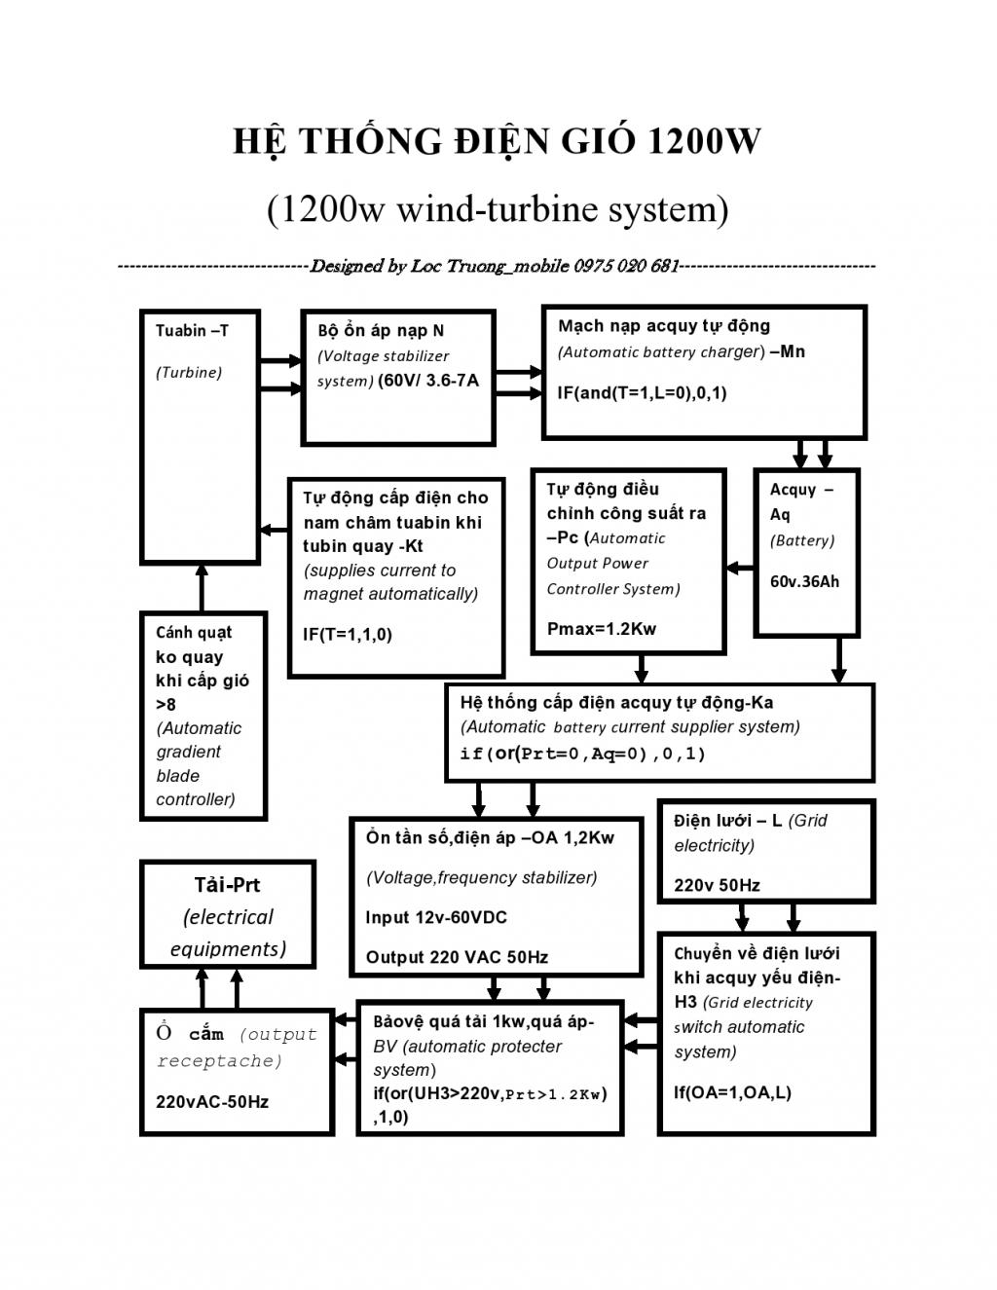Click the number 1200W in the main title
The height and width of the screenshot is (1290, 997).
702,141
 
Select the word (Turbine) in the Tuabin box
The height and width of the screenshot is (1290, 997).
189,372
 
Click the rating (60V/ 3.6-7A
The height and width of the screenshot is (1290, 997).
428,381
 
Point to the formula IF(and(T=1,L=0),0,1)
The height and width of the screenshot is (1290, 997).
642,393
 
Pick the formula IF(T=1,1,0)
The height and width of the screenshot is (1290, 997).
348,635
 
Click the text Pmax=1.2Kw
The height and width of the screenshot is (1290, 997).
602,629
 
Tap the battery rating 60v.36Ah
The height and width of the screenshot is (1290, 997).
804,582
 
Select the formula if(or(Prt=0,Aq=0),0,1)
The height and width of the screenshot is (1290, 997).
582,754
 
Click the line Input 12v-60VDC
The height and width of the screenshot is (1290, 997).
436,917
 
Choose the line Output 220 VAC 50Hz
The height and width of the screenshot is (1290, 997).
457,957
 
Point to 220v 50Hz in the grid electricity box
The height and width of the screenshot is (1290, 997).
717,885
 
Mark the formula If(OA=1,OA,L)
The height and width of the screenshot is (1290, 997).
732,1092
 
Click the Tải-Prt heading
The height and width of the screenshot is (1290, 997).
227,885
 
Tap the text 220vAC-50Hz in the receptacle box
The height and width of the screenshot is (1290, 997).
212,1102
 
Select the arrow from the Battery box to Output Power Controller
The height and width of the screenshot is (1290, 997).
740,568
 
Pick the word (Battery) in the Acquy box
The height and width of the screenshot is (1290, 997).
802,540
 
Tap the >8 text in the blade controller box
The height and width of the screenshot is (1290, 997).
166,704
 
